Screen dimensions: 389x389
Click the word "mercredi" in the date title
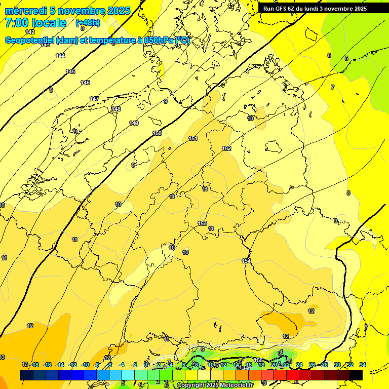[26, 11]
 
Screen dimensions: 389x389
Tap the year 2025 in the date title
[118, 11]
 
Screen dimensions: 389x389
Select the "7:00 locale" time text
[35, 23]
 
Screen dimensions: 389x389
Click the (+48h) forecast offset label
[88, 23]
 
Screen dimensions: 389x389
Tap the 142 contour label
[30, 32]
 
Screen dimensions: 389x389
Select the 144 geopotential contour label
[60, 56]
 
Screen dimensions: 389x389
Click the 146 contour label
[85, 83]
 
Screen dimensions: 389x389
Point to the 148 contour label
[116, 109]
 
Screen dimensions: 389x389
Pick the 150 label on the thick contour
[157, 133]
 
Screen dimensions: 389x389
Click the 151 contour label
[193, 138]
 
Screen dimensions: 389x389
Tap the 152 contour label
[226, 148]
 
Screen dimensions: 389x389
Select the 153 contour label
[202, 223]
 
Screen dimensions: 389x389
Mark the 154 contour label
[246, 261]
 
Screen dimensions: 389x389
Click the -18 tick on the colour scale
[35, 365]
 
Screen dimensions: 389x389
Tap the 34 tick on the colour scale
[363, 365]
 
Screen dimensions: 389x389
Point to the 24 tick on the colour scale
[299, 365]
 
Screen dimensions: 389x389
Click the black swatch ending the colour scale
[356, 375]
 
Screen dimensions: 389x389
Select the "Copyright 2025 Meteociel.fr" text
[214, 385]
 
